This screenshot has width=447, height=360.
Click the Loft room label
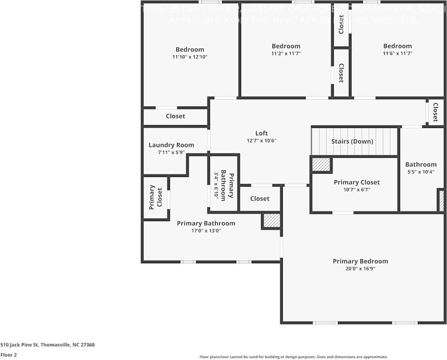(261, 133)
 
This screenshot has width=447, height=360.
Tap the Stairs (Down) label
(352, 141)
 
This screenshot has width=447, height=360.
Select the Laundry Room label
(171, 145)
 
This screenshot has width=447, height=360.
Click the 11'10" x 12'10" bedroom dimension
(190, 57)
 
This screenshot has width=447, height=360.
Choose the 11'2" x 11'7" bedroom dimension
(286, 53)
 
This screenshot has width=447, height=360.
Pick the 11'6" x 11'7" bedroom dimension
(397, 53)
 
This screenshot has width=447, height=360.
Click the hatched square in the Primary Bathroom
(271, 221)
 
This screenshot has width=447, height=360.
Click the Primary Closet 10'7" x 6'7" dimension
(357, 190)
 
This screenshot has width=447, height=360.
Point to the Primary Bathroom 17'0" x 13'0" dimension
(206, 231)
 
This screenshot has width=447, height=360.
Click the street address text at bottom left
(47, 345)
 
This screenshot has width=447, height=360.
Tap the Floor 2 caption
(8, 355)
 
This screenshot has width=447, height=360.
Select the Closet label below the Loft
(260, 198)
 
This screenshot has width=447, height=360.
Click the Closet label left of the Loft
(176, 116)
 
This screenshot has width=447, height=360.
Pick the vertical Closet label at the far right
(435, 112)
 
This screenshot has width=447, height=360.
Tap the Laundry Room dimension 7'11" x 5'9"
(171, 153)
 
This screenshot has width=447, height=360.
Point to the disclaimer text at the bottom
(293, 357)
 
